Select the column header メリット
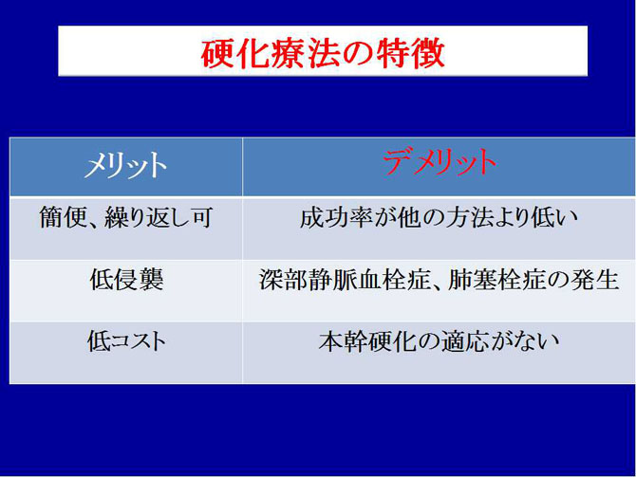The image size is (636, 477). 125,165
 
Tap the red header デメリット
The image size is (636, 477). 439,163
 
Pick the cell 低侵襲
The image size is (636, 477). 125,281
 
